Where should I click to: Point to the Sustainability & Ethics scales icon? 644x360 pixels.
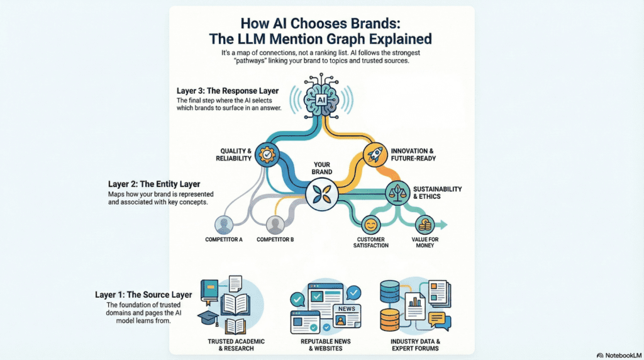[x=397, y=190]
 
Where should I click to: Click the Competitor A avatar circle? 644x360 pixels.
[x=224, y=225]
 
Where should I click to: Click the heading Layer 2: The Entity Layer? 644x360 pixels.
[x=155, y=184]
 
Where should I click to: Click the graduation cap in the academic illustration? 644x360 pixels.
[x=208, y=318]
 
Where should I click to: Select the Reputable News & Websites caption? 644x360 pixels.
[x=322, y=345]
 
